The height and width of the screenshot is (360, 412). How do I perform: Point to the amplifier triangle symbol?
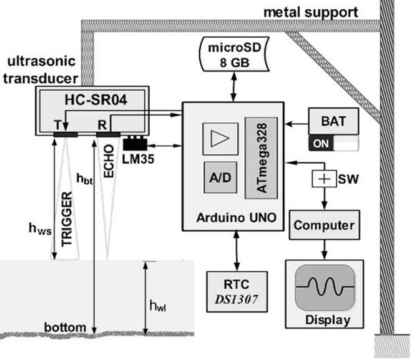[220, 137]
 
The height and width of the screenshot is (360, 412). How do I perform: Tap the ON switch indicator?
[322, 143]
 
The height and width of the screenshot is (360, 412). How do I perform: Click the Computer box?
[324, 225]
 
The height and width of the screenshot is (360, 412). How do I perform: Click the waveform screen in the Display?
[324, 290]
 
